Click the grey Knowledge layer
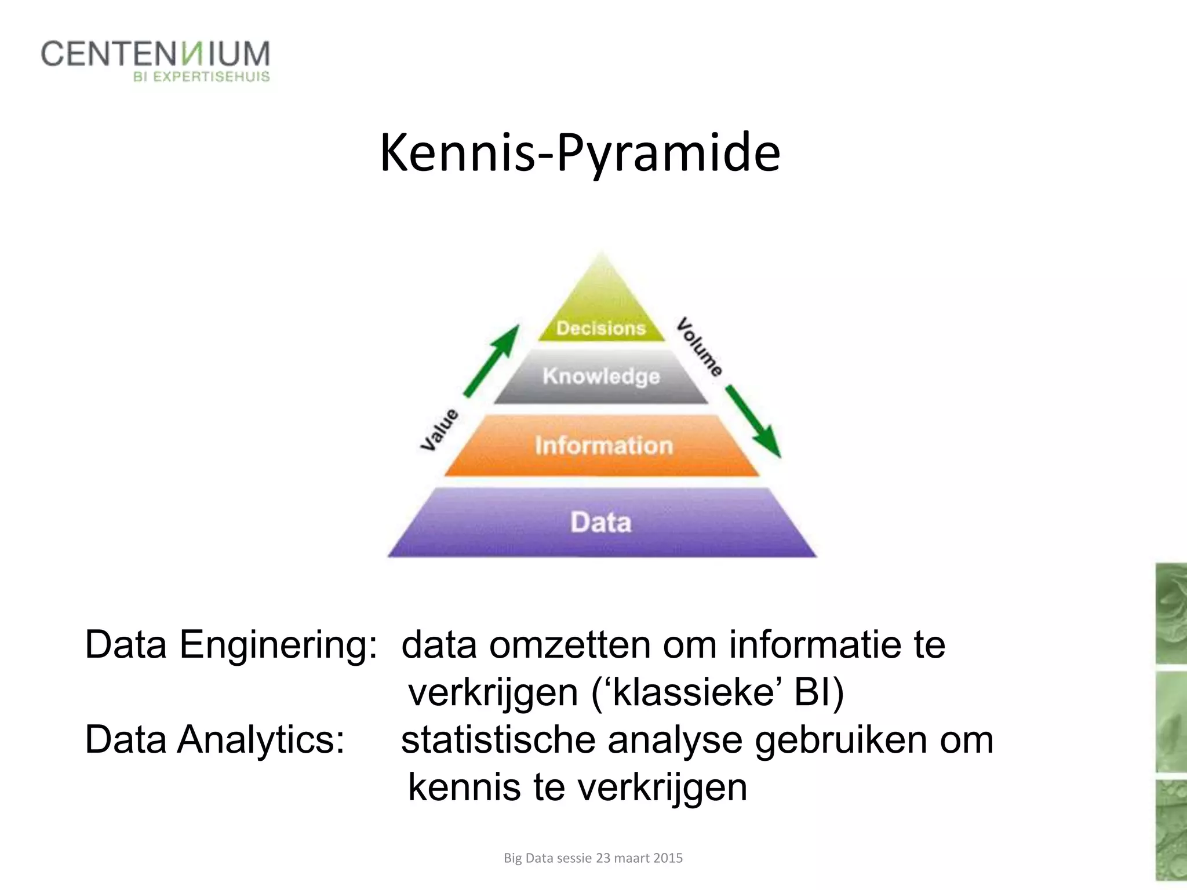point(601,377)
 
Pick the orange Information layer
point(603,446)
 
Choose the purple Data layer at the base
point(601,522)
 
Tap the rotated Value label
point(439,429)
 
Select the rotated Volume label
point(700,347)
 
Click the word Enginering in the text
point(278,644)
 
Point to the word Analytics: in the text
point(261,739)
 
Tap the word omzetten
point(570,644)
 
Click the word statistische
point(498,739)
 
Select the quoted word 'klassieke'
point(695,692)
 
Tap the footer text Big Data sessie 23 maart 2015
point(593,858)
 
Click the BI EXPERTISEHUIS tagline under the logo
point(202,77)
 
